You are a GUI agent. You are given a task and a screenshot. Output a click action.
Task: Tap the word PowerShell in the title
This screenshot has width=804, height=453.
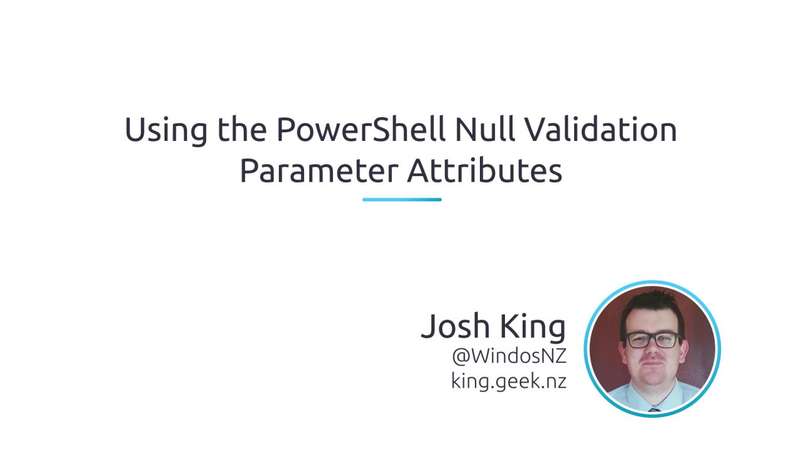click(x=361, y=130)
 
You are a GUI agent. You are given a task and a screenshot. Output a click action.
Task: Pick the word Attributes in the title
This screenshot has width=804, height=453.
click(x=484, y=171)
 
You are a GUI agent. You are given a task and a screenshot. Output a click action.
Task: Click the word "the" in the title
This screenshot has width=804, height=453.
click(x=242, y=130)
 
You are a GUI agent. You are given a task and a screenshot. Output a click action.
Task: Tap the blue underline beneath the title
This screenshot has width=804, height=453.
click(x=402, y=199)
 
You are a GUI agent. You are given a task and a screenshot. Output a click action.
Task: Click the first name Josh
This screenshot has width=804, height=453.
click(x=455, y=326)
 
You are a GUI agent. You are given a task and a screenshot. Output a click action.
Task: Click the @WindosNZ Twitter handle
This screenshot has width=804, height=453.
click(x=509, y=355)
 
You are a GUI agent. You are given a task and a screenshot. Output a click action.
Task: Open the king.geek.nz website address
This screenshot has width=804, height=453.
click(x=509, y=381)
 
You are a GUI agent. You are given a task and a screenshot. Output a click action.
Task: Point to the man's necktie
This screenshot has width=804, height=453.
click(x=655, y=409)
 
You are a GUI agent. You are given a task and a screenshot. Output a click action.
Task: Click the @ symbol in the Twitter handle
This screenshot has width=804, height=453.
click(x=461, y=356)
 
